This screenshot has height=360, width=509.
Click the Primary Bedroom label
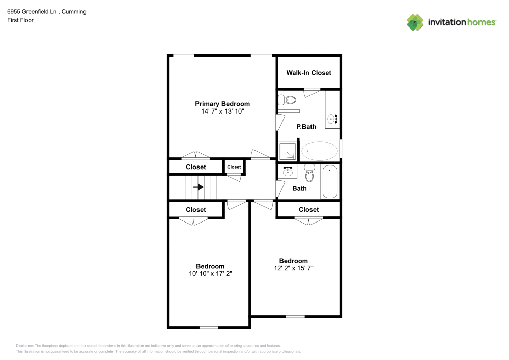[x=222, y=104]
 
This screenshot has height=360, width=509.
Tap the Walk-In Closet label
[x=308, y=73]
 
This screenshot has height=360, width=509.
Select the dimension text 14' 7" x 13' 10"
[x=222, y=111]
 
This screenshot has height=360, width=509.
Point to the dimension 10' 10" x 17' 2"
[x=210, y=274]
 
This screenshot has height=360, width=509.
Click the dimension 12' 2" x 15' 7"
[x=293, y=268]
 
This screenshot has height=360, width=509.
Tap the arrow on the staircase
[x=198, y=187]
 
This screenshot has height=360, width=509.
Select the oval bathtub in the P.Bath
[x=319, y=151]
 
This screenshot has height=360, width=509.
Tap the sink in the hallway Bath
[x=288, y=171]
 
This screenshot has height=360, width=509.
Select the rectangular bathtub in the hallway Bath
[x=330, y=182]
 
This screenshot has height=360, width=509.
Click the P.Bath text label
[x=306, y=127]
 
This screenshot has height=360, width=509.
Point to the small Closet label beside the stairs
[x=234, y=167]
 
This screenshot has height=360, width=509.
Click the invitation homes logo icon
[x=415, y=22]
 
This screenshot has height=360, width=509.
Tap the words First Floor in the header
[x=20, y=20]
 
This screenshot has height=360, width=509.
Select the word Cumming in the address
[x=74, y=12]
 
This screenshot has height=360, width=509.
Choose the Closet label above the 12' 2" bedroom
[x=308, y=210]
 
